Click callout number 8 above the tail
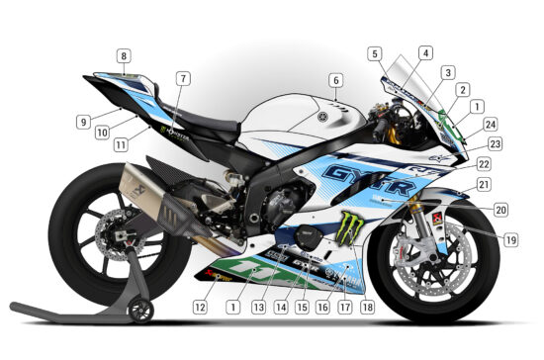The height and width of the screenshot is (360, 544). point(123,56)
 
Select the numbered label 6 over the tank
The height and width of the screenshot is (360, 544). point(335,80)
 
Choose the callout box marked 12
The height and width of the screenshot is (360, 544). point(200,307)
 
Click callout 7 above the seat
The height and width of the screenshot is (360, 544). point(182,78)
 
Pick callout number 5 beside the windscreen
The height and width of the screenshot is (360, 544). point(374,53)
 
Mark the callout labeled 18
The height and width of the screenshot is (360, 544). point(368,307)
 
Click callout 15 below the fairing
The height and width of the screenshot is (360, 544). point(301,307)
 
